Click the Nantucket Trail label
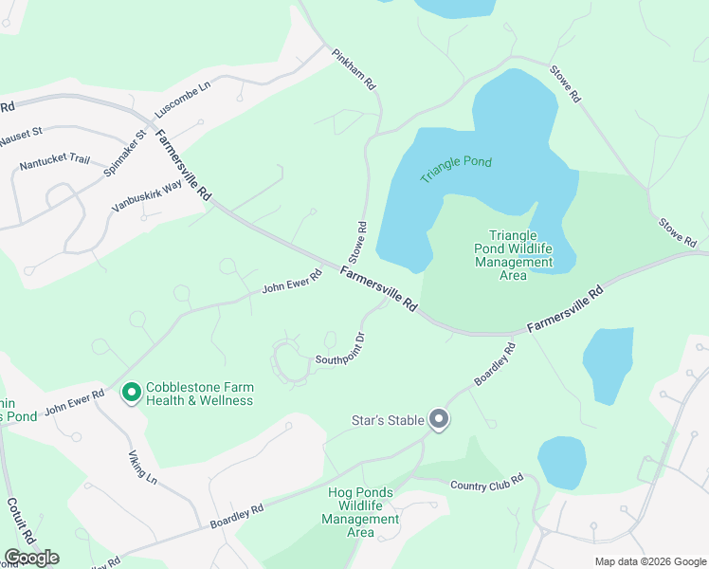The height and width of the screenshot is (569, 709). [54, 163]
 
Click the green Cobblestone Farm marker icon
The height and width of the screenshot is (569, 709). [131, 391]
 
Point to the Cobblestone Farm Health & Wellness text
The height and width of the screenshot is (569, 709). [199, 394]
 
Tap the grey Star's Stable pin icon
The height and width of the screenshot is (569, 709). [438, 418]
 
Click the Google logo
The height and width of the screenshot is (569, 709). [31, 558]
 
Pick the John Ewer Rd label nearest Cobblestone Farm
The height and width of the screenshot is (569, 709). [74, 401]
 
